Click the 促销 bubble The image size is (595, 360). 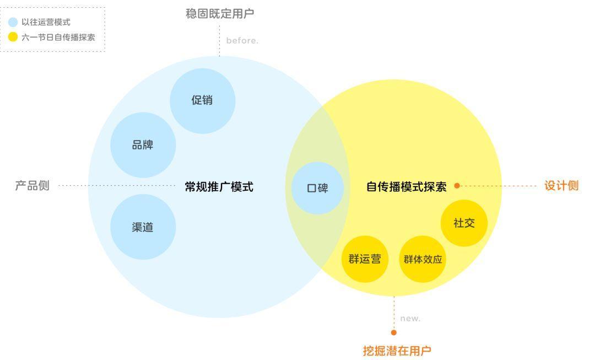point(202,101)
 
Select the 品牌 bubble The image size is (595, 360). point(143,146)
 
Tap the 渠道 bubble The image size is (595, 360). point(143,227)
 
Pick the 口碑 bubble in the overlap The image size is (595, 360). point(317,188)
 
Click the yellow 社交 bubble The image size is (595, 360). point(464,223)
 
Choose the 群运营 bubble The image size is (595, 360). point(365,259)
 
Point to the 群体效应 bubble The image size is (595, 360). point(423,259)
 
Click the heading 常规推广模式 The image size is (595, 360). point(219,187)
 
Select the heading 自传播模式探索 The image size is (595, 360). point(407,187)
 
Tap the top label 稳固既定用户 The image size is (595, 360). point(220,14)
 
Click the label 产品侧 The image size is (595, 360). point(32,186)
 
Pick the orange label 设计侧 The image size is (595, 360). point(561,186)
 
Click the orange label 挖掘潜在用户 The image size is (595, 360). point(397,351)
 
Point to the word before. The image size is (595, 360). point(242,41)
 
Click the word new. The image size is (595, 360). point(410,319)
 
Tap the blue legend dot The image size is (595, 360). point(13,23)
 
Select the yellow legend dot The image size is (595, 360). point(13,37)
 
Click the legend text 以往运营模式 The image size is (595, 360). point(46,23)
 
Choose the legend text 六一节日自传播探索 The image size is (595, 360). point(58,37)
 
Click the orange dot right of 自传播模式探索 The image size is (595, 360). point(457,186)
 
